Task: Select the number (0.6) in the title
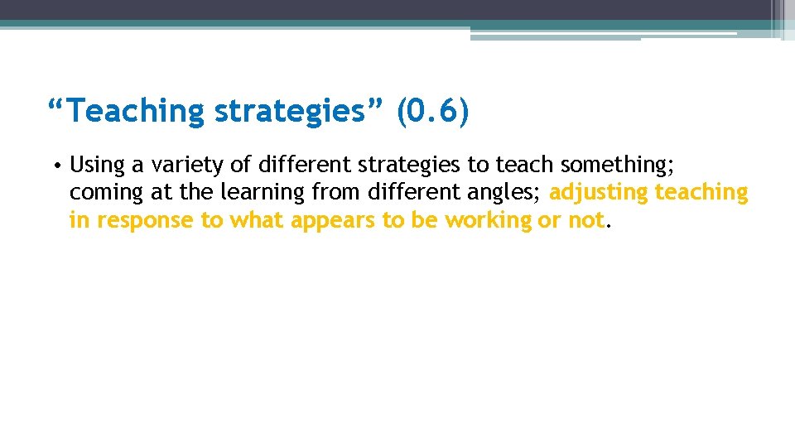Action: (432, 111)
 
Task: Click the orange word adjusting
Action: (599, 192)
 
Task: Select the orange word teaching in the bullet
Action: (701, 192)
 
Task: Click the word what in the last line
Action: (255, 220)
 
